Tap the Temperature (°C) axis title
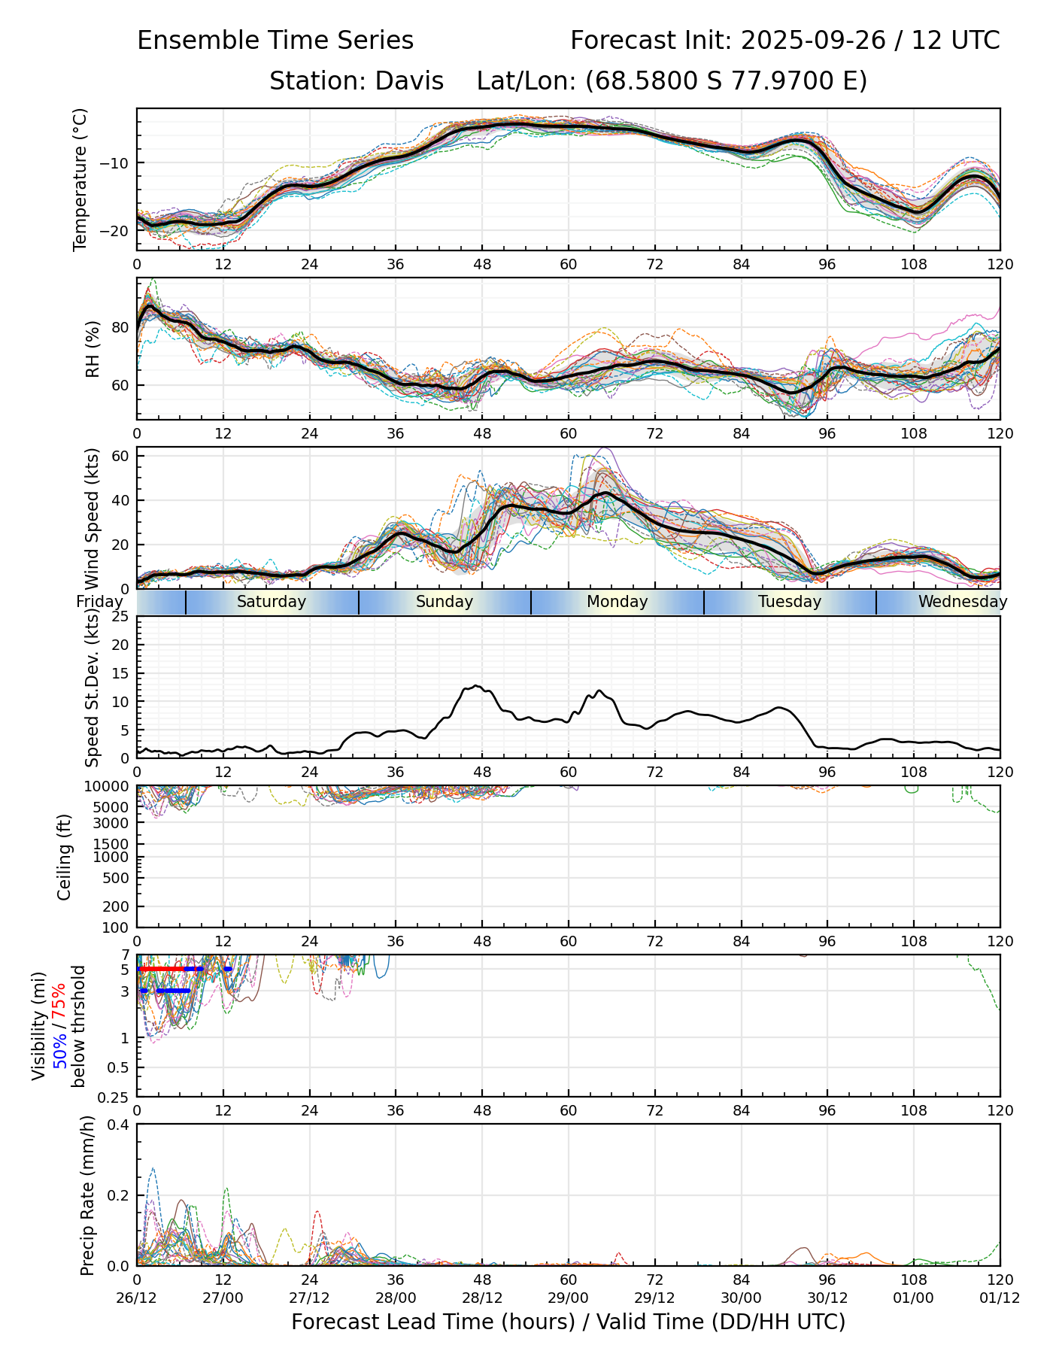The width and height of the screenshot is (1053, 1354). point(80,179)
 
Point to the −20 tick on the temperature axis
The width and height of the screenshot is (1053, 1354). point(120,231)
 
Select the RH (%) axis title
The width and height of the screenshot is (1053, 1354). point(93,349)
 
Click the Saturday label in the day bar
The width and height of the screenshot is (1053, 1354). point(272,602)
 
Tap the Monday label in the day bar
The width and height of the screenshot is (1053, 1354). point(617,602)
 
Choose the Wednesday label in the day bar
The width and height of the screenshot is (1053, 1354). point(962,602)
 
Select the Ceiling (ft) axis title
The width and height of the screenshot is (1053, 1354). point(65,857)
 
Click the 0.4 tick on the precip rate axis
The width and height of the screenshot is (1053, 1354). point(120,1125)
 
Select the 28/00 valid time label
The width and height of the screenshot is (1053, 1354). point(396,1298)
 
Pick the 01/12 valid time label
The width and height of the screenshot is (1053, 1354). point(1000,1298)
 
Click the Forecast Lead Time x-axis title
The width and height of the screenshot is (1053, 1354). point(568,1322)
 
